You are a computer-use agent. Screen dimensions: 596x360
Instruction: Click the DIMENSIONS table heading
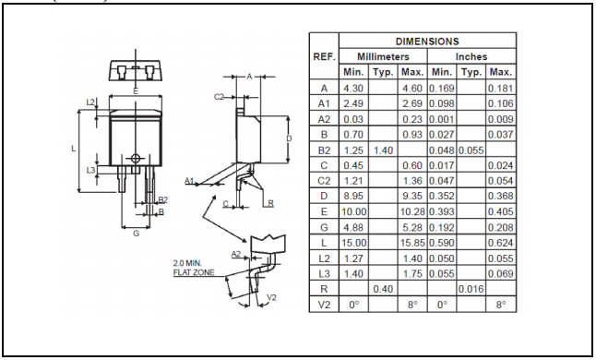pyautogui.click(x=427, y=41)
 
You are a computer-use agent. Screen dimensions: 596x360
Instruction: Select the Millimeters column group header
pyautogui.click(x=383, y=56)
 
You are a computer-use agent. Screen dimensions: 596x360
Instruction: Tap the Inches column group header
pyautogui.click(x=471, y=56)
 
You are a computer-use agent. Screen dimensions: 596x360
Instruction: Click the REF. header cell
pyautogui.click(x=324, y=56)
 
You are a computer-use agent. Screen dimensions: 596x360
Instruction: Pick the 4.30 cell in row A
pyautogui.click(x=353, y=89)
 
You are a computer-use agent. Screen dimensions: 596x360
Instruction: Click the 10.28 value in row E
pyautogui.click(x=411, y=211)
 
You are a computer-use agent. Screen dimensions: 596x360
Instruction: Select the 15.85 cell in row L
pyautogui.click(x=411, y=243)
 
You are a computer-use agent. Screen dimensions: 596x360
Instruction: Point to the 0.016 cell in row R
pyautogui.click(x=471, y=289)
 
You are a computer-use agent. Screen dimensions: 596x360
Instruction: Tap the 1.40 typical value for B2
pyautogui.click(x=383, y=150)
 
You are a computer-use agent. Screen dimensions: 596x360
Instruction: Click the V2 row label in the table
pyautogui.click(x=324, y=305)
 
